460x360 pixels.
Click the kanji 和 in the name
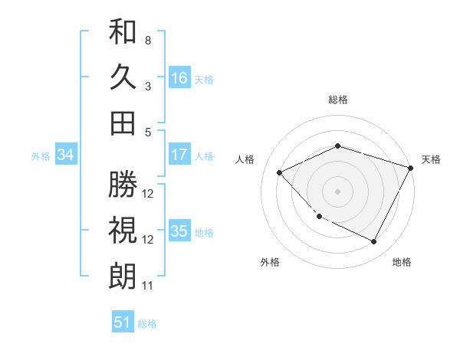pyautogui.click(x=123, y=31)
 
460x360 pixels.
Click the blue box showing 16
pyautogui.click(x=179, y=77)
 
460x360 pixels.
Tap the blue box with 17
pyautogui.click(x=179, y=155)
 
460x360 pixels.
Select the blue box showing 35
pyautogui.click(x=179, y=231)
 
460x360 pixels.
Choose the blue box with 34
pyautogui.click(x=65, y=155)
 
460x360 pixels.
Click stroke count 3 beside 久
pyautogui.click(x=147, y=86)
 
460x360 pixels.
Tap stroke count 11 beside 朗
pyautogui.click(x=147, y=286)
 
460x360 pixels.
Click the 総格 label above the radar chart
pyautogui.click(x=337, y=100)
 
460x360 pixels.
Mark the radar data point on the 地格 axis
pyautogui.click(x=374, y=242)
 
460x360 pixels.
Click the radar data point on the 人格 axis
pyautogui.click(x=280, y=172)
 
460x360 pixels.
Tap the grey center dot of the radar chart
pyautogui.click(x=337, y=191)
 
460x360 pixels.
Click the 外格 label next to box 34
pyautogui.click(x=41, y=156)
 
